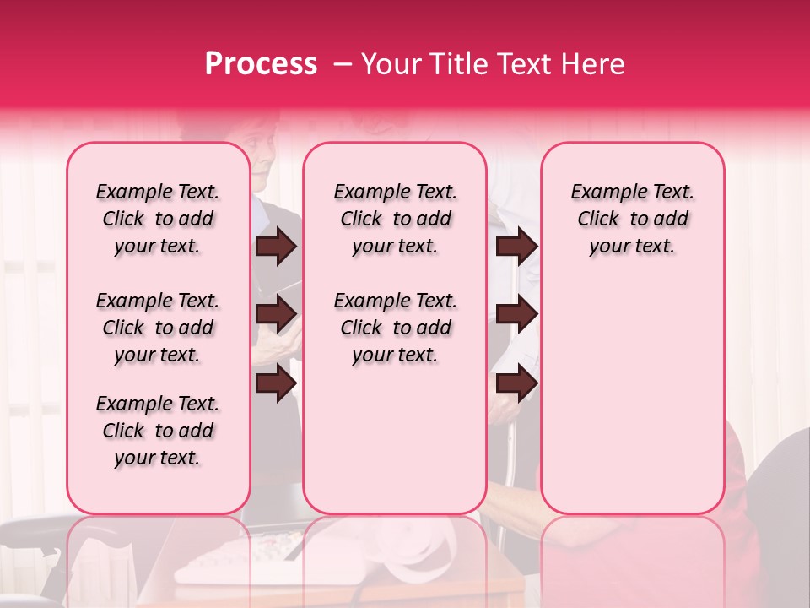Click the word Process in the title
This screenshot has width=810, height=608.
[260, 64]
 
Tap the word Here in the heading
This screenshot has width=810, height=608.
[593, 64]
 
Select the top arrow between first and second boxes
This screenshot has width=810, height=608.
[276, 246]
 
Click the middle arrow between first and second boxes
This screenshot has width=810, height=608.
[276, 314]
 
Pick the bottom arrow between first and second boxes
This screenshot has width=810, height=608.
[276, 383]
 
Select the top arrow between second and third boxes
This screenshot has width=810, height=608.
[516, 246]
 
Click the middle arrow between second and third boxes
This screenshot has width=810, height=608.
[516, 314]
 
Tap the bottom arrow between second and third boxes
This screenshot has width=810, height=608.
[516, 383]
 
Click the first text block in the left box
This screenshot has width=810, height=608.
[158, 219]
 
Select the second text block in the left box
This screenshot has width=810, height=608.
[158, 328]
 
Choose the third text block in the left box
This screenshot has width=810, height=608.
[158, 431]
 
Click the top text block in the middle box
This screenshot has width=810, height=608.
[395, 219]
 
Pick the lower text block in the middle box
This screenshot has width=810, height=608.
[395, 328]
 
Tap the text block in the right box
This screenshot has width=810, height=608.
[632, 219]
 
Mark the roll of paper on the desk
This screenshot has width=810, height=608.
[422, 553]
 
